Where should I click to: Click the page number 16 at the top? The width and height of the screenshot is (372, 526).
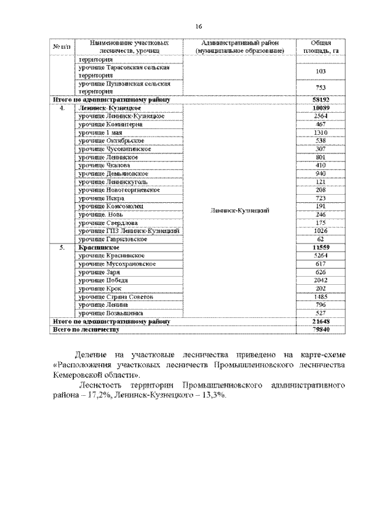pos(199,27)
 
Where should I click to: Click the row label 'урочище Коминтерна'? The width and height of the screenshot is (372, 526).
pos(109,125)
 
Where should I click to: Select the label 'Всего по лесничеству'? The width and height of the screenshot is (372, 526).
pos(85,329)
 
